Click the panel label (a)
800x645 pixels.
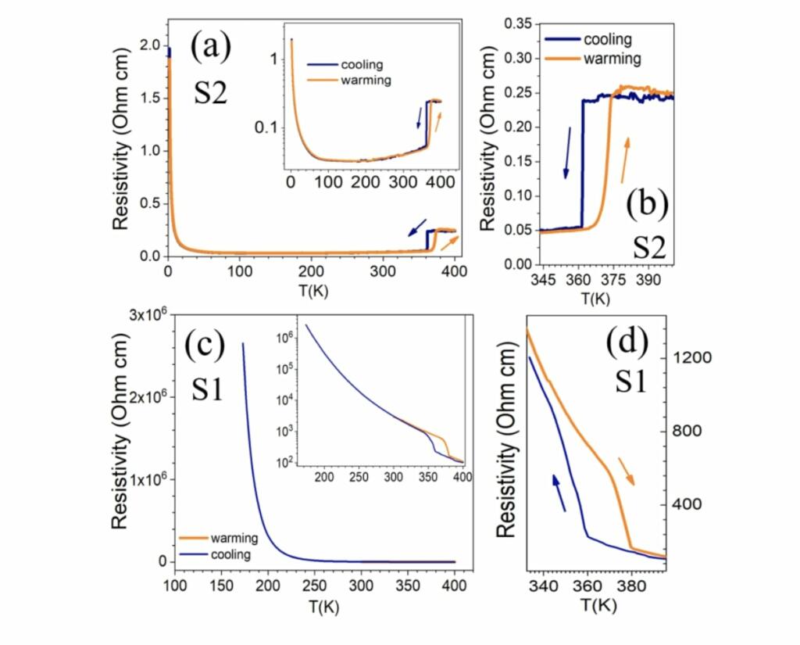(212, 48)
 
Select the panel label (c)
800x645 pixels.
(205, 346)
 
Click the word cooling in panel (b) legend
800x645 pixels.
(605, 39)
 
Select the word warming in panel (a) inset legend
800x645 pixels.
(366, 80)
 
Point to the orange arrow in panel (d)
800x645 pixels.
(627, 471)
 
